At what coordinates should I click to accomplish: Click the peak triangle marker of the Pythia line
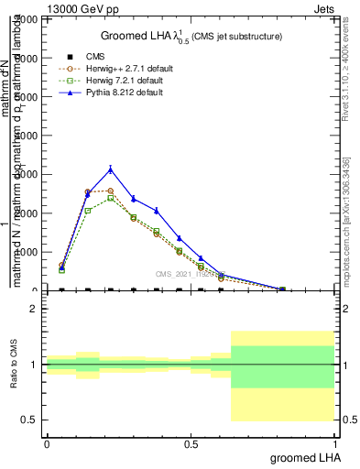(x=111, y=169)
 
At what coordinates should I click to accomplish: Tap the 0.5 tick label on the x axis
(x=191, y=443)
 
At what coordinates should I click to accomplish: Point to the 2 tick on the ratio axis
(x=34, y=310)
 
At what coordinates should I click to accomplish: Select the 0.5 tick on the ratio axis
(x=30, y=420)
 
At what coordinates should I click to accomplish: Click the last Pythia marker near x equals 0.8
(x=282, y=289)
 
